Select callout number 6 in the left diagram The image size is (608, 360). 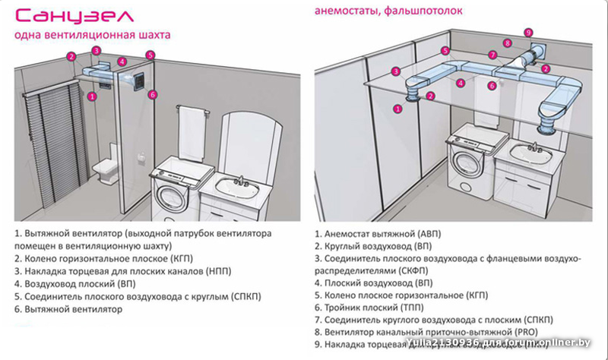click(x=152, y=95)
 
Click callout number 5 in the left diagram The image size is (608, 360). click(x=150, y=55)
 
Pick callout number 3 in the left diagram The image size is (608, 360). click(x=97, y=51)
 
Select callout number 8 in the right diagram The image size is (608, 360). click(x=507, y=43)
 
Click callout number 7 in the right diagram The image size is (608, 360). click(x=492, y=55)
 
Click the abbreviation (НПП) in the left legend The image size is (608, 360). click(x=216, y=271)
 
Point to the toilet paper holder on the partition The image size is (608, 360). click(x=141, y=156)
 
